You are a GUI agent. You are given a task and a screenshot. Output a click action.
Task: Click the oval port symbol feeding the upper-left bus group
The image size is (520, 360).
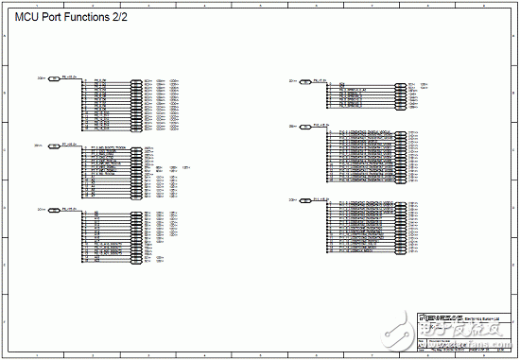point(54,79)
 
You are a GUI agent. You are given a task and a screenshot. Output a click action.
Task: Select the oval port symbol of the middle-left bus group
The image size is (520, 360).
point(54,146)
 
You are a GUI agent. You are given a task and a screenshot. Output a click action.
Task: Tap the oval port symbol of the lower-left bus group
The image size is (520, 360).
point(54,210)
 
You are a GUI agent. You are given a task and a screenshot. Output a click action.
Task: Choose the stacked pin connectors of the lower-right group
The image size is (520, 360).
point(401,228)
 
